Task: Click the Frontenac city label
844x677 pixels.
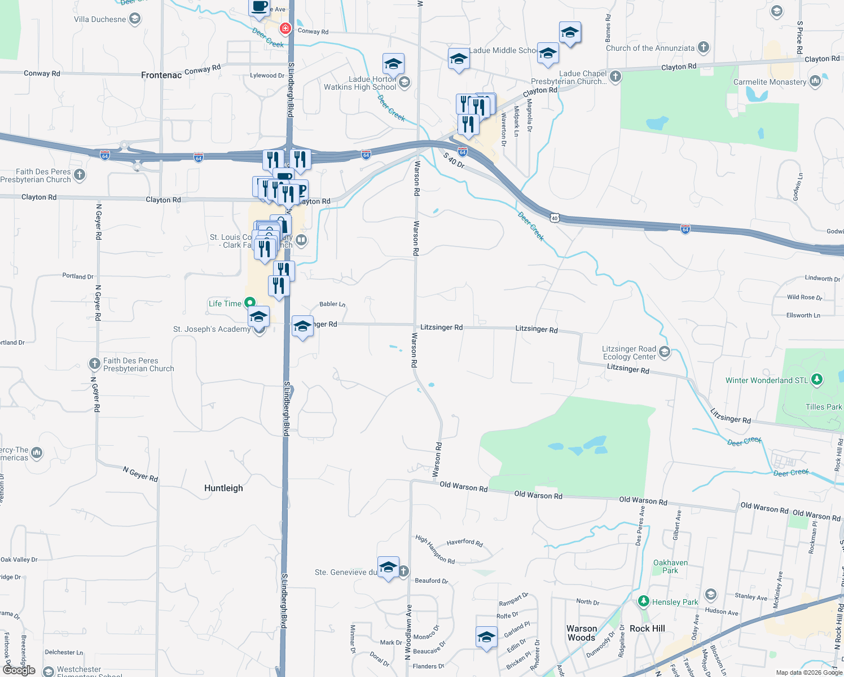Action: click(x=161, y=75)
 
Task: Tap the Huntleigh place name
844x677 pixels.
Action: click(x=223, y=488)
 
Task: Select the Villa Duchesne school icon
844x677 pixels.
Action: click(x=134, y=19)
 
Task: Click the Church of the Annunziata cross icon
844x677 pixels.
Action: click(x=703, y=47)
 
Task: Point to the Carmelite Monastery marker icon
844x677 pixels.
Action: click(x=815, y=81)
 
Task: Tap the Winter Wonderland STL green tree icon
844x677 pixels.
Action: click(x=816, y=380)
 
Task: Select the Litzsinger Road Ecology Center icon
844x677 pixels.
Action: click(x=664, y=353)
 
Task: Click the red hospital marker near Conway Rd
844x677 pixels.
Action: click(x=285, y=28)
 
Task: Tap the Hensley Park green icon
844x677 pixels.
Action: click(x=644, y=601)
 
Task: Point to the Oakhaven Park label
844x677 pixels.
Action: click(x=670, y=566)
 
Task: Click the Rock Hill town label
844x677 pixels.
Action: click(x=647, y=628)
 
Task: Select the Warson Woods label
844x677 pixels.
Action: click(x=582, y=633)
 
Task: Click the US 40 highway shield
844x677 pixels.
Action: click(x=555, y=218)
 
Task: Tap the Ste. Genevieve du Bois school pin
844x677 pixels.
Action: click(x=388, y=568)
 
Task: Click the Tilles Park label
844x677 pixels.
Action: click(x=824, y=407)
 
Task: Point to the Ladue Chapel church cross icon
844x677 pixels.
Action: click(x=616, y=76)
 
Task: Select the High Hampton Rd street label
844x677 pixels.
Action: click(x=435, y=549)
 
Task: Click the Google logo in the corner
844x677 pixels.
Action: click(x=19, y=670)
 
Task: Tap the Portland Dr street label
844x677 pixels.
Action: click(x=78, y=276)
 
